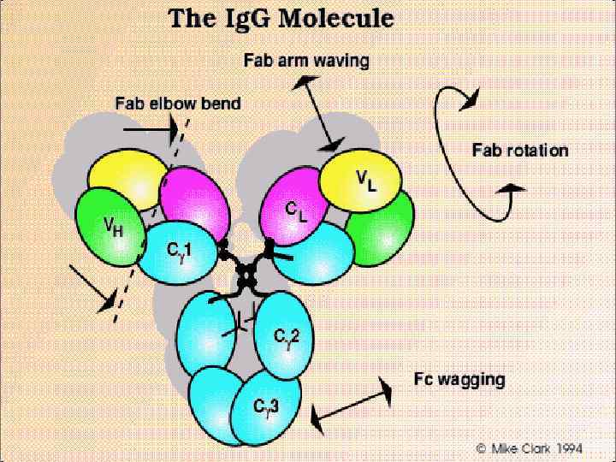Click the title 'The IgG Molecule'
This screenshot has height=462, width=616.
point(269,19)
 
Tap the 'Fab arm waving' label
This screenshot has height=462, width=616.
point(306,61)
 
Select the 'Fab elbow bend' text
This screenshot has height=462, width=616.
point(178,104)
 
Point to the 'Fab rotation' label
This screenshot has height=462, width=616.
point(520,151)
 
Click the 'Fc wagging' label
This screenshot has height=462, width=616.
point(459,379)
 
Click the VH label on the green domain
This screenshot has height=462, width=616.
point(113,228)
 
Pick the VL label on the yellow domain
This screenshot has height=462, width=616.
point(366,181)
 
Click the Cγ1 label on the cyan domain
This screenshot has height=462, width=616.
point(179,250)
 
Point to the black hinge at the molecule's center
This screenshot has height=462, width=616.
point(248,274)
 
